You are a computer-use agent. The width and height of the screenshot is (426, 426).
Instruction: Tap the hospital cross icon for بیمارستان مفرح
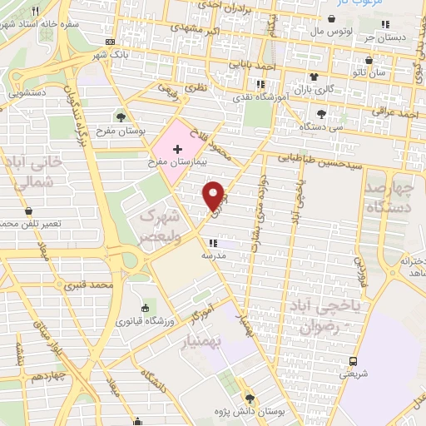tap(176, 148)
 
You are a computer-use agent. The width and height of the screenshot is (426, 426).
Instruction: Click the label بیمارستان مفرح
tap(176, 162)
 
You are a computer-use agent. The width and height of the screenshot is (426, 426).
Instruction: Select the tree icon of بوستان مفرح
tap(121, 116)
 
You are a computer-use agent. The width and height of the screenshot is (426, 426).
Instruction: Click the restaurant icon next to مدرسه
tap(213, 243)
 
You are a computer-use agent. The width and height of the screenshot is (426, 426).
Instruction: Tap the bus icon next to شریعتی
tap(353, 361)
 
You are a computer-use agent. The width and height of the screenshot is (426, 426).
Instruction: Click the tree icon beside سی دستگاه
tap(322, 113)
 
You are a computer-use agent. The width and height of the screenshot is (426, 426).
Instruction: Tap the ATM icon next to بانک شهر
tap(111, 42)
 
